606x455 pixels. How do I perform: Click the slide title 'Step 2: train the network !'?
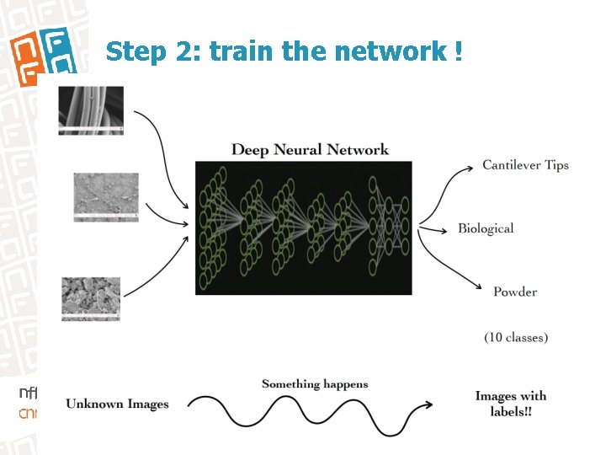[284, 52]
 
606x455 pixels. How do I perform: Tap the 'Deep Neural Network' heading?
[310, 150]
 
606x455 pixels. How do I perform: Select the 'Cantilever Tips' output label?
[525, 165]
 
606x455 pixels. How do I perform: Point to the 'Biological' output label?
[486, 228]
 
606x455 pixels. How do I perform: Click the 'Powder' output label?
[514, 292]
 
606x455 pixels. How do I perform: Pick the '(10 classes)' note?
[515, 337]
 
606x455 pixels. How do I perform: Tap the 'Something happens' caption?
[315, 384]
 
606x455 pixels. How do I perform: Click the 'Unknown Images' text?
[117, 404]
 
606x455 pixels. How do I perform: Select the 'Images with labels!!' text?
[510, 404]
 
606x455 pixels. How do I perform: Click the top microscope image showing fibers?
[91, 110]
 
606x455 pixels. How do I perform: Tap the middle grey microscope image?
[105, 197]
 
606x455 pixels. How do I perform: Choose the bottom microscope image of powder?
[91, 299]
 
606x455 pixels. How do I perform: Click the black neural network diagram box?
[303, 227]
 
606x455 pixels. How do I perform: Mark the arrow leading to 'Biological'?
[433, 228]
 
